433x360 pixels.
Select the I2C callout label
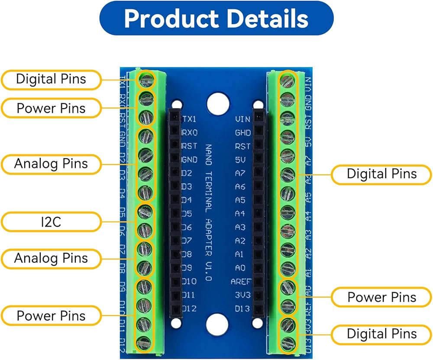pos(51,222)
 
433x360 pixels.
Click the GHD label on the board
pos(243,132)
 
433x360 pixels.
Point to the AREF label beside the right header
pos(240,282)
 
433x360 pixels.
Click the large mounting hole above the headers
pos(217,104)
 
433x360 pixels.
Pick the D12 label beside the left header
pos(189,309)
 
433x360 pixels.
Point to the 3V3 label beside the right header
pos(243,296)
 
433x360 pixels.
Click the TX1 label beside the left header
pos(189,119)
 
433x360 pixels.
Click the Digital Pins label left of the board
pos(51,79)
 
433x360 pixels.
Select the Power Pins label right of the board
pos(381,297)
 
